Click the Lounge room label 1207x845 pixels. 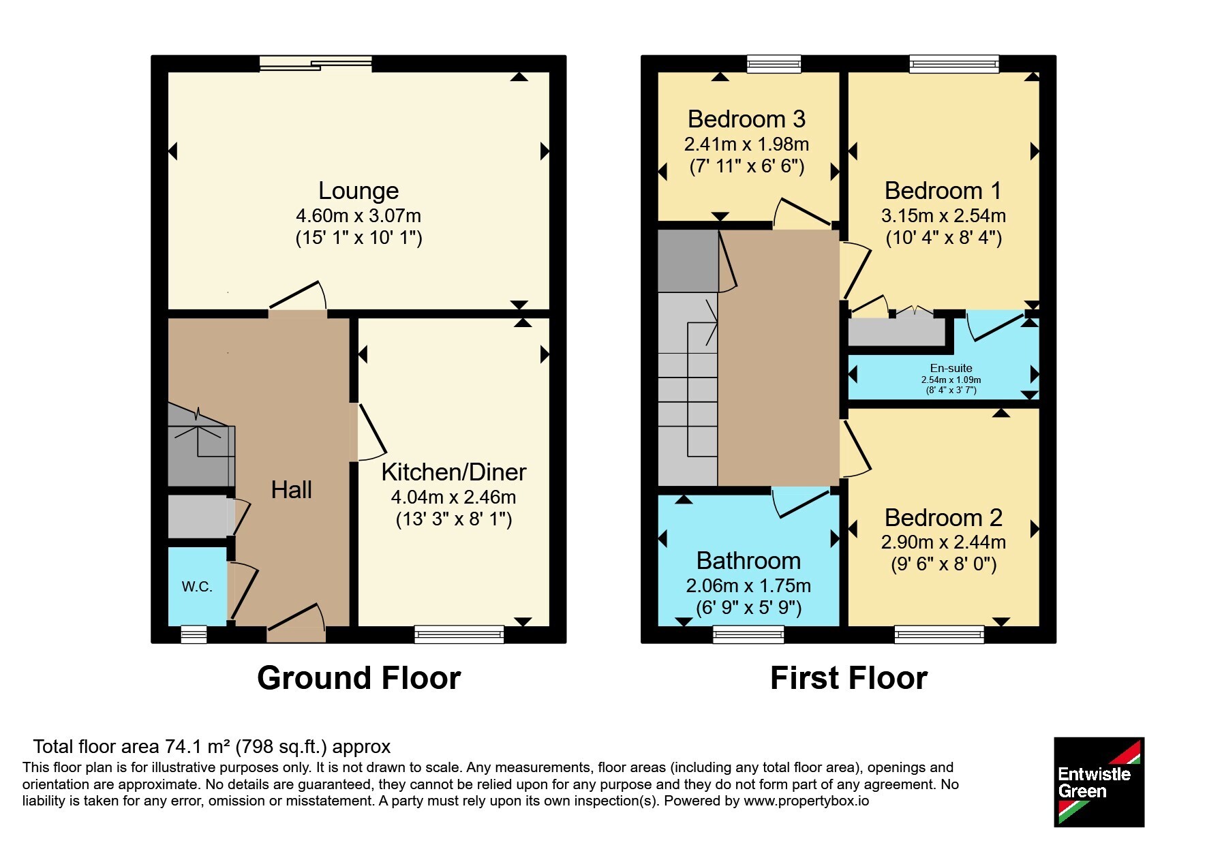[x=358, y=191]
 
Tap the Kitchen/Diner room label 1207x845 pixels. [x=454, y=472]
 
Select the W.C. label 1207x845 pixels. [x=197, y=587]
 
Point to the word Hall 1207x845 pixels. [x=292, y=489]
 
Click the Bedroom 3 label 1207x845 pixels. [x=746, y=119]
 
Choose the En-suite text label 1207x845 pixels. [x=951, y=368]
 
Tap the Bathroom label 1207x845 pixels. [x=748, y=561]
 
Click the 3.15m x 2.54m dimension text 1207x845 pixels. [x=943, y=216]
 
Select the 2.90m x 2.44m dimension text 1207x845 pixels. [x=943, y=542]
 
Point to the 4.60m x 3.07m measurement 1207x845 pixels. [x=358, y=216]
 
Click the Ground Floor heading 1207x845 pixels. [x=359, y=679]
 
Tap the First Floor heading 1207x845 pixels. [x=849, y=679]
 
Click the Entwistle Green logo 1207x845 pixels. [x=1099, y=782]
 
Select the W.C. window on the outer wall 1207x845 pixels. [x=194, y=634]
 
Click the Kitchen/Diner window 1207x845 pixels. [x=459, y=634]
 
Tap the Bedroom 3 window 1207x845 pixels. [x=774, y=64]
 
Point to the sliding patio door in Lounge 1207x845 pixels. [x=316, y=64]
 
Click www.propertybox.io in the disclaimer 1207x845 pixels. [x=806, y=801]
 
